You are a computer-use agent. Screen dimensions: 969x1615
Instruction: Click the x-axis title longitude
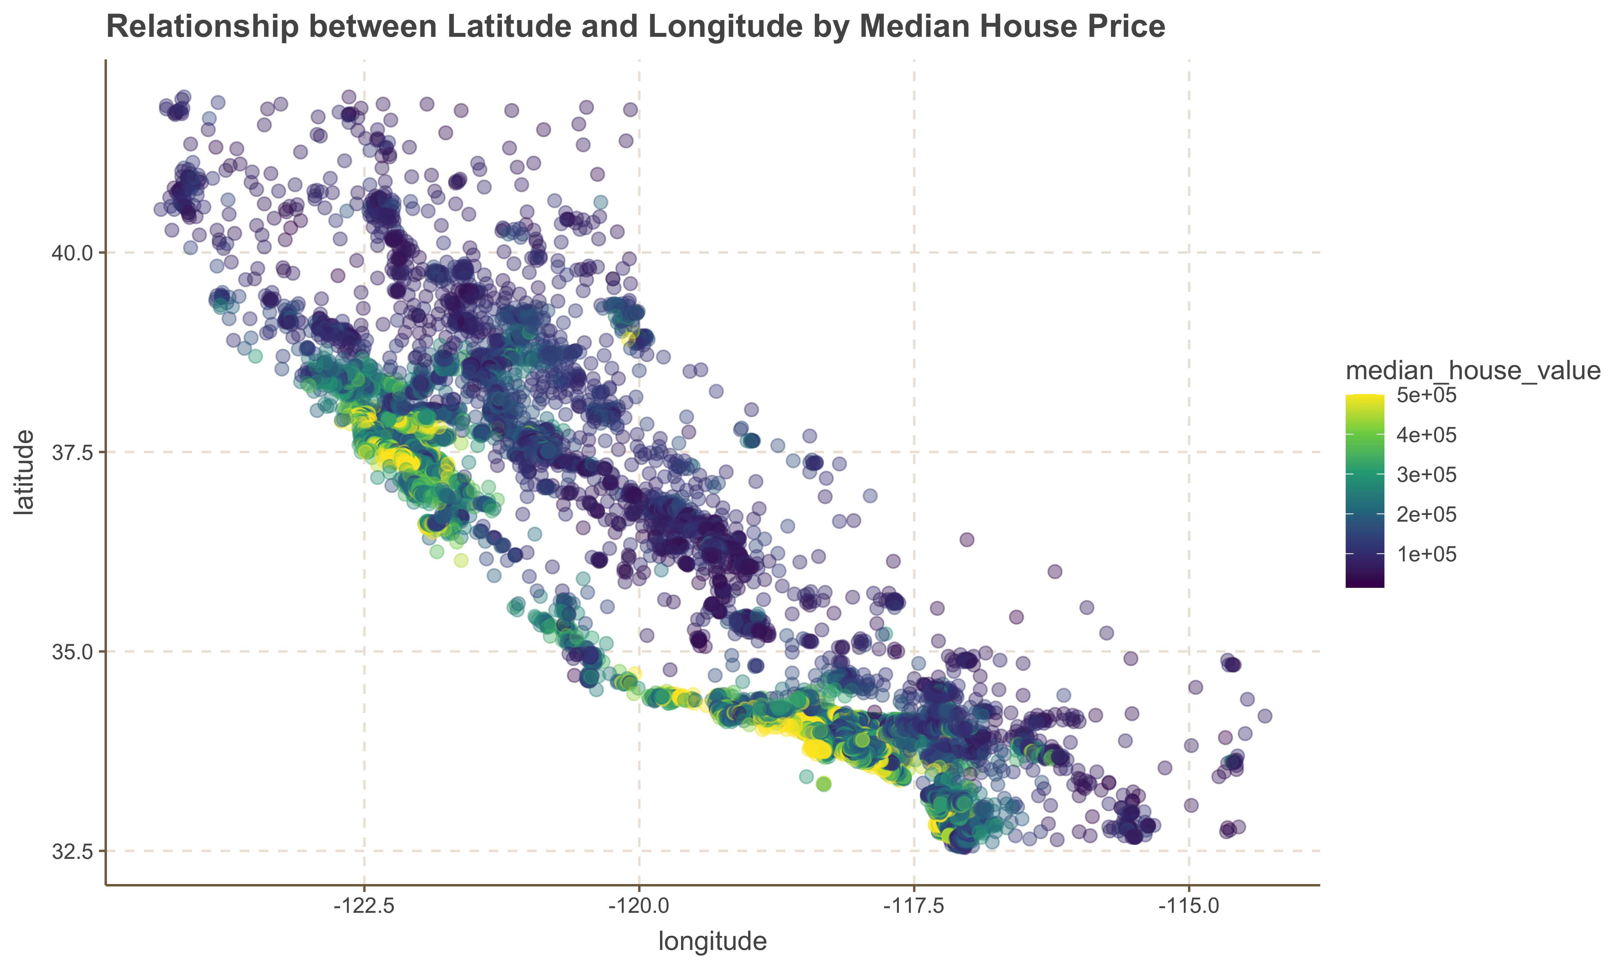712,942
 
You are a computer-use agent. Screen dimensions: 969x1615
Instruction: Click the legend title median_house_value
1473,371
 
